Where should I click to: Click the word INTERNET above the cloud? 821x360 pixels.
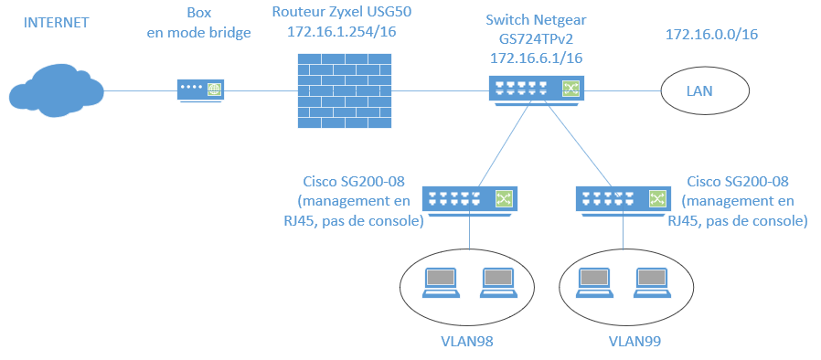click(x=57, y=22)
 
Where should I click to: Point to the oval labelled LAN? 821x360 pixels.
click(x=705, y=90)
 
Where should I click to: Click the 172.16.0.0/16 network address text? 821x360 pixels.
click(x=712, y=35)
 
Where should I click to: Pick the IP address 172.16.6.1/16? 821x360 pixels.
click(x=536, y=57)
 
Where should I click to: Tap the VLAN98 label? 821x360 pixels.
click(x=469, y=341)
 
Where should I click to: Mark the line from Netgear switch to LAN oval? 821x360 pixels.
click(x=623, y=90)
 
